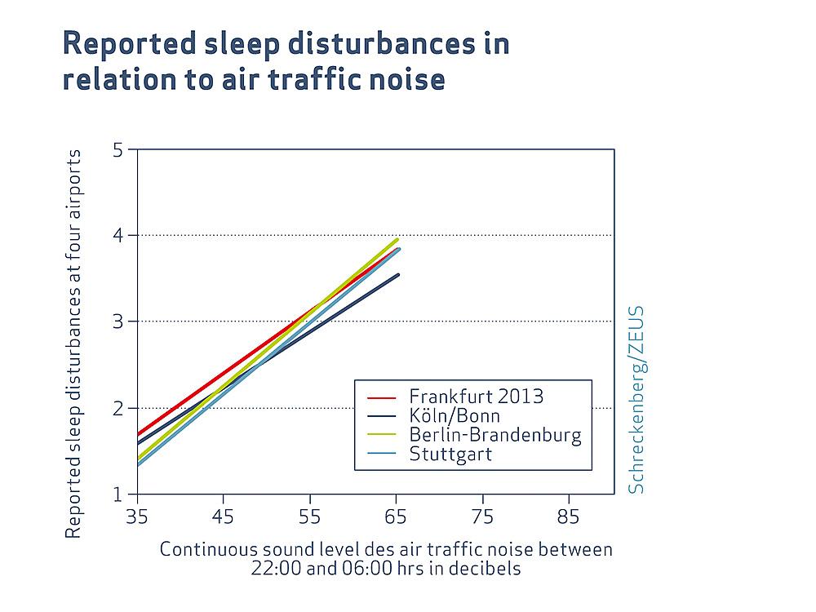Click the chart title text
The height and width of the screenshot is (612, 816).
click(286, 62)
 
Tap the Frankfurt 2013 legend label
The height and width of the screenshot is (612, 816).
click(477, 397)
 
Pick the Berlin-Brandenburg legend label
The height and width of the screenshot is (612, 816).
click(495, 435)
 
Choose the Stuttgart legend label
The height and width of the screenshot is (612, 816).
click(450, 454)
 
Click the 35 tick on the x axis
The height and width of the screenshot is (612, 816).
click(137, 517)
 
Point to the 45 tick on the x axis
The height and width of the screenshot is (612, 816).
click(224, 517)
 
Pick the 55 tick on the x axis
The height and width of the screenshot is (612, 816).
click(310, 517)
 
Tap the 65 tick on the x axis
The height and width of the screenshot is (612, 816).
click(397, 517)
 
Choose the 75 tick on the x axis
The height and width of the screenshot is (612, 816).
click(483, 517)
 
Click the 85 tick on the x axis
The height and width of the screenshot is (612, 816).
click(569, 517)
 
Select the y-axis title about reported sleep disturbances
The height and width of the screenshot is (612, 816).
click(73, 343)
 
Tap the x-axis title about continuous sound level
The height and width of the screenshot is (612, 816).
click(385, 558)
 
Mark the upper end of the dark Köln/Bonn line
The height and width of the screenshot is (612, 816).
click(398, 275)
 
